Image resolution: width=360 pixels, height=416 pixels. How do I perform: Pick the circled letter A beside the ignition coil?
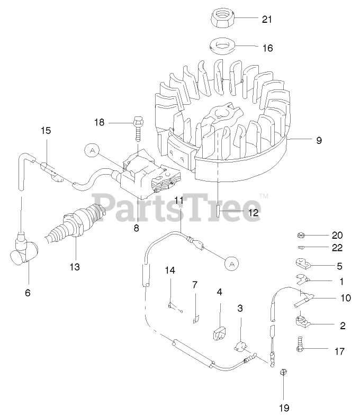(93, 150)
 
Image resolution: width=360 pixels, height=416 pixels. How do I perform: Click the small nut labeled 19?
(283, 372)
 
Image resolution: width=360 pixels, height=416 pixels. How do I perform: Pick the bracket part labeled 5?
(302, 263)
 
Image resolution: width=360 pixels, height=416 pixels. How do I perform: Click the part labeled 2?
(303, 321)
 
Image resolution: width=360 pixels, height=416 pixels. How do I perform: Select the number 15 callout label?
(46, 130)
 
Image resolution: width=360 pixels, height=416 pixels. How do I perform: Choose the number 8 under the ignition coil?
(137, 229)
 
